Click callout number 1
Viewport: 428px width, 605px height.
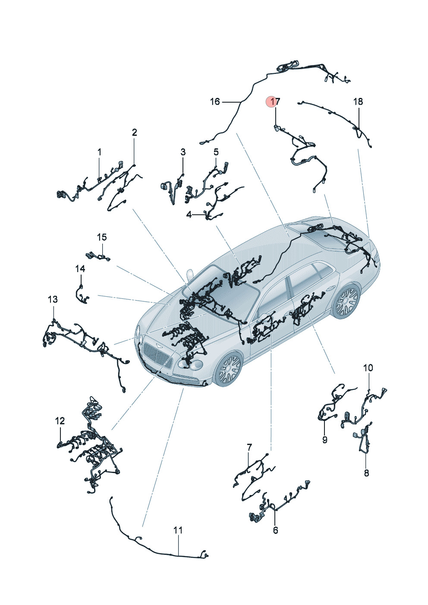pyautogui.click(x=99, y=152)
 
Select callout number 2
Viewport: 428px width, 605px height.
pyautogui.click(x=134, y=132)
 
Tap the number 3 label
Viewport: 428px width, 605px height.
pyautogui.click(x=183, y=152)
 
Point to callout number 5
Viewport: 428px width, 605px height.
pyautogui.click(x=216, y=152)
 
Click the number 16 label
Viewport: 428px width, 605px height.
pyautogui.click(x=215, y=102)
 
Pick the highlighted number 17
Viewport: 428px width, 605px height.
pyautogui.click(x=275, y=102)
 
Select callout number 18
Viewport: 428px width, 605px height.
pyautogui.click(x=358, y=102)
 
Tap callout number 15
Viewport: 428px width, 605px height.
pyautogui.click(x=102, y=237)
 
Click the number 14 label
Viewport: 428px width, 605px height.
pyautogui.click(x=80, y=269)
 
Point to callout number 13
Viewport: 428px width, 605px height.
pyautogui.click(x=53, y=299)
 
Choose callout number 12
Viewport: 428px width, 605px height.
pyautogui.click(x=60, y=421)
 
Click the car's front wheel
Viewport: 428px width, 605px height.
pyautogui.click(x=229, y=368)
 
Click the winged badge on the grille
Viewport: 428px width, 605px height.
pyautogui.click(x=158, y=347)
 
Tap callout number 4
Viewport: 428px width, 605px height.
pyautogui.click(x=189, y=215)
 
